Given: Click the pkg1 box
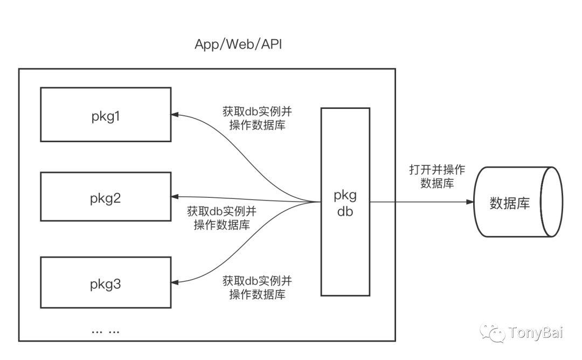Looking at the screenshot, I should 106,115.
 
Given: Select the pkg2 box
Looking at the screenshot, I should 106,197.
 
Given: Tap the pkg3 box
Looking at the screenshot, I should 106,283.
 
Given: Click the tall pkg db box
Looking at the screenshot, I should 345,202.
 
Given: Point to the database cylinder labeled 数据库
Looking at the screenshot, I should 517,202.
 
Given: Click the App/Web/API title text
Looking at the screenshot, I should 238,45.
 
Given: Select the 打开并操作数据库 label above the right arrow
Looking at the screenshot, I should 436,177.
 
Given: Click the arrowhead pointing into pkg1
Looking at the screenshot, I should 175,114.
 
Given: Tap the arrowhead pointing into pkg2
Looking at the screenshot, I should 175,196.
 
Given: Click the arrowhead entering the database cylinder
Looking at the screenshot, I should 470,202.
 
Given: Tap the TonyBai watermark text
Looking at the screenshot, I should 535,332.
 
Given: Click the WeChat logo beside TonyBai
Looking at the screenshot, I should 492,331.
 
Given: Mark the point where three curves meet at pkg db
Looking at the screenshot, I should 315,202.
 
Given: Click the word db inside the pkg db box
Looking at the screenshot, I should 345,212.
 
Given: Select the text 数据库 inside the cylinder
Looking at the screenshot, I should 509,203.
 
